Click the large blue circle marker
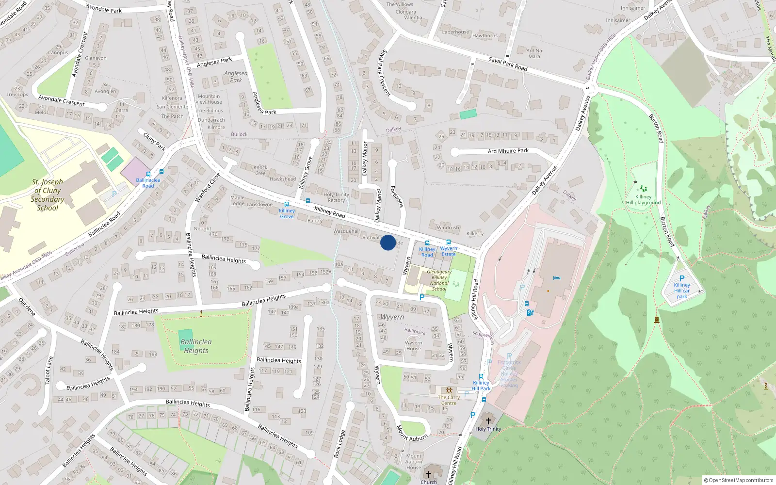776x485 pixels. click(x=388, y=242)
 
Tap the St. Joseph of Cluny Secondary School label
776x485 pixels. click(x=48, y=195)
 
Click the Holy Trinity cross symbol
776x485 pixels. click(x=488, y=420)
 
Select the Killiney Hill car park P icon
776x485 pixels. click(x=682, y=279)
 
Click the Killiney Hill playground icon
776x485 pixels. click(x=643, y=188)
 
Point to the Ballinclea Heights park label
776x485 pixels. click(x=196, y=346)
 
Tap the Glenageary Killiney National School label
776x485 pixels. click(x=439, y=280)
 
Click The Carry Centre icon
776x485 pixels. click(x=449, y=390)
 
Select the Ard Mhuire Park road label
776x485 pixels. click(x=508, y=151)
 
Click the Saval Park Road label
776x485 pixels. click(x=508, y=64)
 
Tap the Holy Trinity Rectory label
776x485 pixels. click(x=336, y=197)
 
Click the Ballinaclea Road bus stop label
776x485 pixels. click(x=148, y=183)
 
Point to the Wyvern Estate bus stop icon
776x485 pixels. click(x=448, y=242)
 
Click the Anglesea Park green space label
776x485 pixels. click(x=236, y=77)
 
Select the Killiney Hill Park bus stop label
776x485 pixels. click(x=481, y=386)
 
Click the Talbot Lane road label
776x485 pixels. click(x=49, y=371)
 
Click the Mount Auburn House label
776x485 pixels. click(x=413, y=462)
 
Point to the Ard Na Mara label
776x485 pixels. click(x=534, y=53)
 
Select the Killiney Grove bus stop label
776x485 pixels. click(x=287, y=213)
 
